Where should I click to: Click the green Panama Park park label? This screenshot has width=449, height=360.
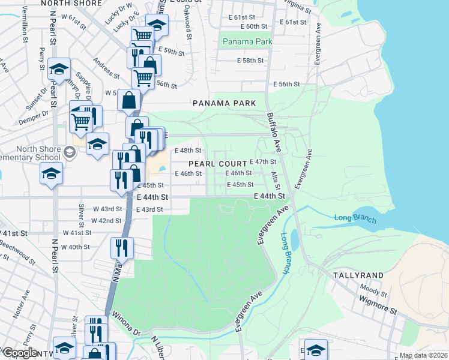click(x=247, y=41)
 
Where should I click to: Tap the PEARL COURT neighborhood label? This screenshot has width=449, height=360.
click(x=217, y=164)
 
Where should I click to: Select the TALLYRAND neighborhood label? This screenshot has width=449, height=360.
click(x=358, y=275)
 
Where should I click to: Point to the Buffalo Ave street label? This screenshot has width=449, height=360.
click(x=274, y=132)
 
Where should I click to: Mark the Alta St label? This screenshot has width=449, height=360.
click(x=275, y=178)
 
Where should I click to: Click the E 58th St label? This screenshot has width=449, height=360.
click(x=252, y=61)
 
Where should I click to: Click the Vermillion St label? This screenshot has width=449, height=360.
click(x=25, y=24)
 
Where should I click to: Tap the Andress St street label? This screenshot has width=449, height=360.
click(x=106, y=68)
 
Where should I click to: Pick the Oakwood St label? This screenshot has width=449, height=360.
click(x=188, y=27)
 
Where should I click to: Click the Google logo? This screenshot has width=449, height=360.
click(x=20, y=353)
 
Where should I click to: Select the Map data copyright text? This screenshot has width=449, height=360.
click(x=423, y=355)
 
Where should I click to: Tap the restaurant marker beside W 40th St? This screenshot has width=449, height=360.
click(x=122, y=247)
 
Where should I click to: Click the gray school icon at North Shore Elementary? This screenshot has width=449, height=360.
click(x=70, y=153)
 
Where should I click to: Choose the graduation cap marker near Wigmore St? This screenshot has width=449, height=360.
click(x=316, y=350)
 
